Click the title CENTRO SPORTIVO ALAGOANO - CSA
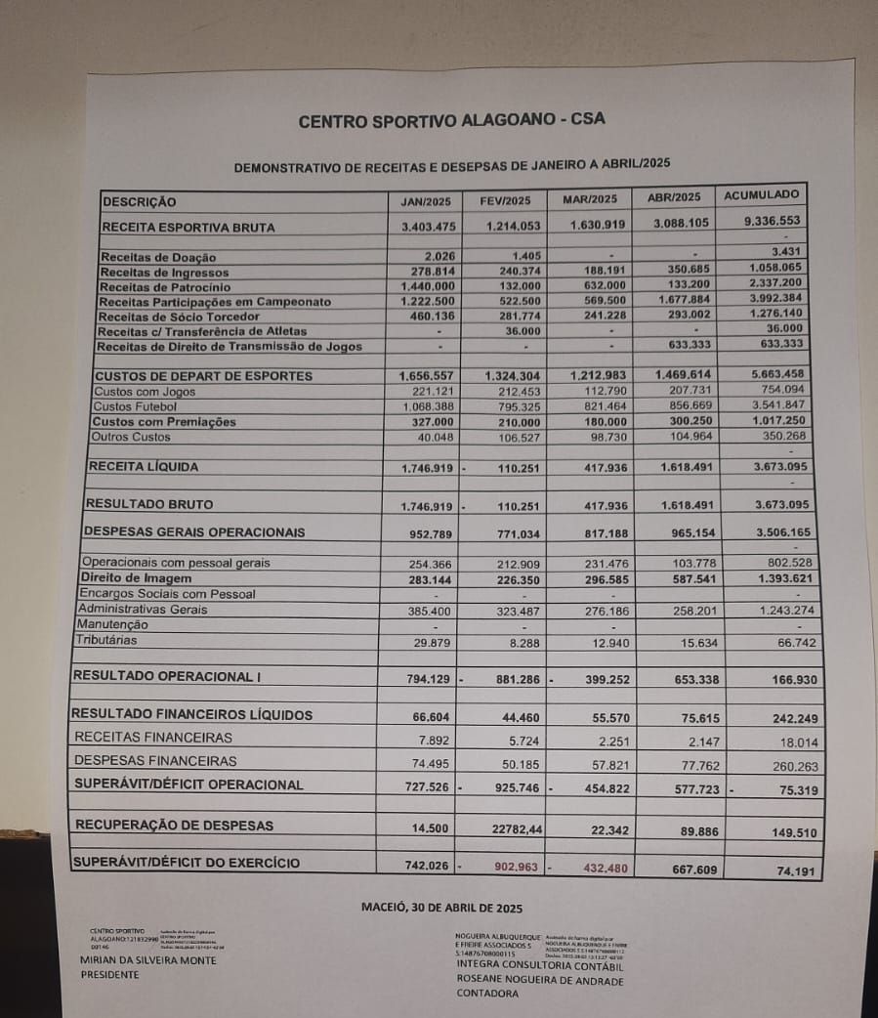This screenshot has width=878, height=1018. [x=451, y=121]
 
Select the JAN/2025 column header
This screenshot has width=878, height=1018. [x=426, y=201]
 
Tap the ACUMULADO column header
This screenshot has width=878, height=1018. [x=762, y=195]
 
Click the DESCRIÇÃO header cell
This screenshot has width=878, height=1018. [x=140, y=202]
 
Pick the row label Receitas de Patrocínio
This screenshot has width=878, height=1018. [x=165, y=287]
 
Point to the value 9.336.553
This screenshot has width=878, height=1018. [x=772, y=222]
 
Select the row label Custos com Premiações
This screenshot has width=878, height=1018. [x=164, y=422]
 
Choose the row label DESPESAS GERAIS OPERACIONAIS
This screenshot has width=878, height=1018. [x=194, y=532]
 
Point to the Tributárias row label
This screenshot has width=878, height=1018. [x=106, y=641]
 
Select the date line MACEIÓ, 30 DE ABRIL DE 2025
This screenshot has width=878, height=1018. [x=442, y=907]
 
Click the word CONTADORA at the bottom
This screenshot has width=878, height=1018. [x=488, y=994]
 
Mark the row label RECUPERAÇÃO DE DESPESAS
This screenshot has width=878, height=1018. [x=174, y=826]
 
